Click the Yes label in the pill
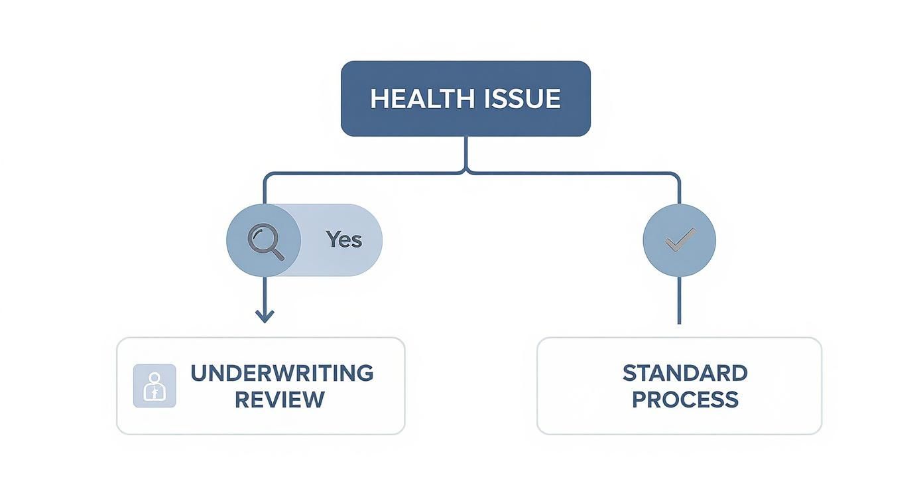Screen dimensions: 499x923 (343, 240)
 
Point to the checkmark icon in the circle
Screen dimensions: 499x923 (680, 240)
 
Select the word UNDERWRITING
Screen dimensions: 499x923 (282, 373)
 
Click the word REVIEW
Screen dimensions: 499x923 (279, 399)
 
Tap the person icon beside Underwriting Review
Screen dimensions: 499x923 (154, 386)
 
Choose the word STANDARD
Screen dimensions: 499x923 (685, 373)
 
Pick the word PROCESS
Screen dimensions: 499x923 (685, 399)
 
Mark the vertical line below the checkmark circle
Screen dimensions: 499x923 (679, 300)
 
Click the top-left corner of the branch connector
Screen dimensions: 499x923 (267, 176)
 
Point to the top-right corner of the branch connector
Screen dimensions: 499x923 (677, 176)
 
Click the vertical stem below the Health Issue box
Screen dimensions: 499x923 (466, 151)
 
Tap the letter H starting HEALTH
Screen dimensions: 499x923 (378, 99)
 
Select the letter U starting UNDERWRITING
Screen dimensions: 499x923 (198, 373)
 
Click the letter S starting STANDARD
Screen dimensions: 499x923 (629, 373)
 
